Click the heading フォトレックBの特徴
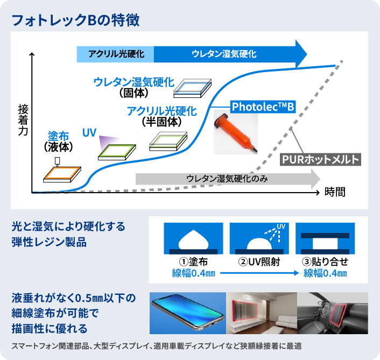[76, 20]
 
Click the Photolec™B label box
[263, 107]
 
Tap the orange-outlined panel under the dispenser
[62, 173]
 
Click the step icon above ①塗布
[193, 238]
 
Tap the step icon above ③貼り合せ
[325, 238]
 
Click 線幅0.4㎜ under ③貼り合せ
[325, 273]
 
